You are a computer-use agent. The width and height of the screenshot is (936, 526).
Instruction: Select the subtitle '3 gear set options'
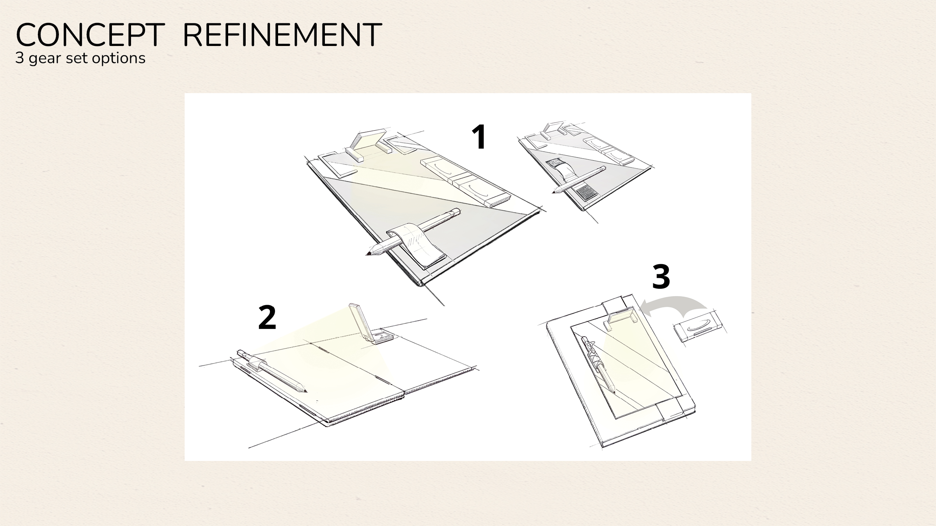(x=80, y=58)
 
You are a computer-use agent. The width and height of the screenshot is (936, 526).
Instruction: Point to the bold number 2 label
(x=267, y=317)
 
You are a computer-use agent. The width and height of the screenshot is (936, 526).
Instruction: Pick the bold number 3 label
(x=661, y=276)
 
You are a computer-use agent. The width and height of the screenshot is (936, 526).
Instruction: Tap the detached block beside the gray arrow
(x=698, y=327)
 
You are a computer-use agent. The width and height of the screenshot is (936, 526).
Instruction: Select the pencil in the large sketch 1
(x=413, y=232)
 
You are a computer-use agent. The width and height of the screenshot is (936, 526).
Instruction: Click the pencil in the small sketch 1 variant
(x=579, y=180)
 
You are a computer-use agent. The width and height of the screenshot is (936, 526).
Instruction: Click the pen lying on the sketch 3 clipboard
(x=598, y=365)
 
